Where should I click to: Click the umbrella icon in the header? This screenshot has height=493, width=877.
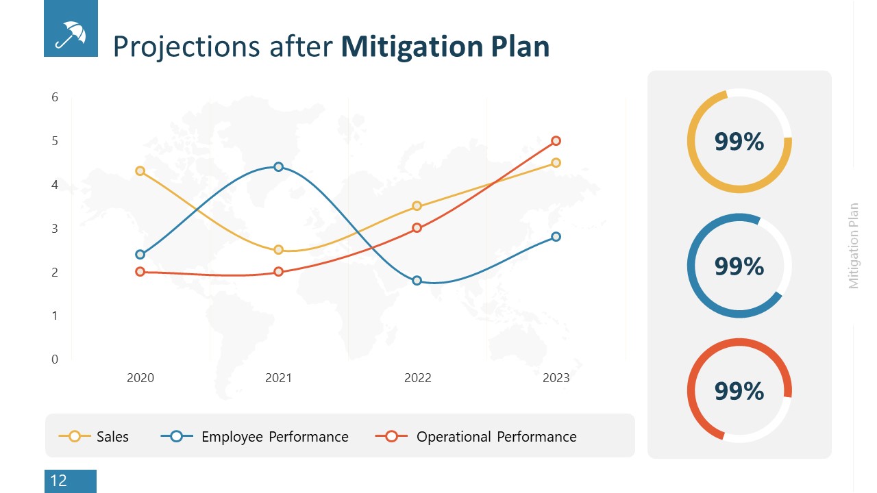pyautogui.click(x=71, y=29)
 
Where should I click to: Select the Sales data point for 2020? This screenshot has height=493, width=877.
pyautogui.click(x=140, y=170)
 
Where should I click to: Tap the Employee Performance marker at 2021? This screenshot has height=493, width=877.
pyautogui.click(x=278, y=166)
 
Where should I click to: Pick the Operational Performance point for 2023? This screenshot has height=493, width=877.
pyautogui.click(x=556, y=140)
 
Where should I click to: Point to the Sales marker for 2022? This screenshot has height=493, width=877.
pyautogui.click(x=417, y=206)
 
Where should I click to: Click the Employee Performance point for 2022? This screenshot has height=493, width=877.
pyautogui.click(x=417, y=280)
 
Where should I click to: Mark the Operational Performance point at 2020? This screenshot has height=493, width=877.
pyautogui.click(x=140, y=272)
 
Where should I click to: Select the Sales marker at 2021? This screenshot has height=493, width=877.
pyautogui.click(x=278, y=250)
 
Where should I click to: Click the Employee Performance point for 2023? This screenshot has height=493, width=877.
pyautogui.click(x=556, y=236)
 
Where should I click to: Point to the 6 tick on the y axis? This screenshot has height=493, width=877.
pyautogui.click(x=55, y=97)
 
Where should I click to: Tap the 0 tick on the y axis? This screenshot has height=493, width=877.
pyautogui.click(x=55, y=359)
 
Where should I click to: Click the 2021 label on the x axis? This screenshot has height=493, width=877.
pyautogui.click(x=278, y=378)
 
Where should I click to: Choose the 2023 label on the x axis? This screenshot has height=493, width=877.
pyautogui.click(x=556, y=378)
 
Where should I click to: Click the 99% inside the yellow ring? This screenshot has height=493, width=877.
pyautogui.click(x=739, y=141)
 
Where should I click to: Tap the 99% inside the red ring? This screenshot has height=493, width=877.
pyautogui.click(x=739, y=390)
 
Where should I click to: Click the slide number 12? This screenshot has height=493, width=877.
pyautogui.click(x=59, y=481)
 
